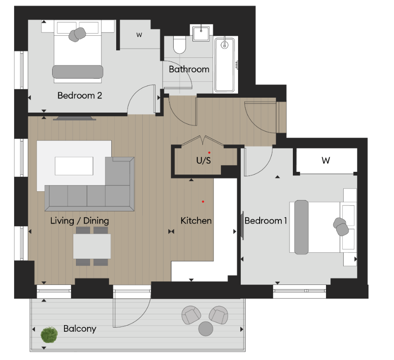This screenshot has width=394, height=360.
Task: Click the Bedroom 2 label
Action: pos(80,95)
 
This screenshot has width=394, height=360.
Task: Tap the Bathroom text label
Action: pos(189,69)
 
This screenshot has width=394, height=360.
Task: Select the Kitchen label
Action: pos(196,220)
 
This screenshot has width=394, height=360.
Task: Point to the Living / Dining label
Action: pos(80,220)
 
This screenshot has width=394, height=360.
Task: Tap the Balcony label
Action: pos(80,329)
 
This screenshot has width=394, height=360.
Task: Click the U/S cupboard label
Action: pos(203,161)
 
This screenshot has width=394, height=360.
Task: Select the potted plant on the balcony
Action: pos(49,335)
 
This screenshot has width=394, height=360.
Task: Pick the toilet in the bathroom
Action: pos(180,45)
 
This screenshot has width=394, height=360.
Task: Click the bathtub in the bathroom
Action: pos(226,65)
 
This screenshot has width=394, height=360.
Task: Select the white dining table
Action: pos(92,246)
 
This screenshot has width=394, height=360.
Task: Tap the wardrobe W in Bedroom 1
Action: pos(326,161)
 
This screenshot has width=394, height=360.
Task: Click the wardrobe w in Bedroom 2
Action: pos(139,35)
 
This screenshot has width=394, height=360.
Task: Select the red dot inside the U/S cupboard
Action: pos(203,152)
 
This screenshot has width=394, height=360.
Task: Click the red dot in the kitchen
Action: pos(203,201)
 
